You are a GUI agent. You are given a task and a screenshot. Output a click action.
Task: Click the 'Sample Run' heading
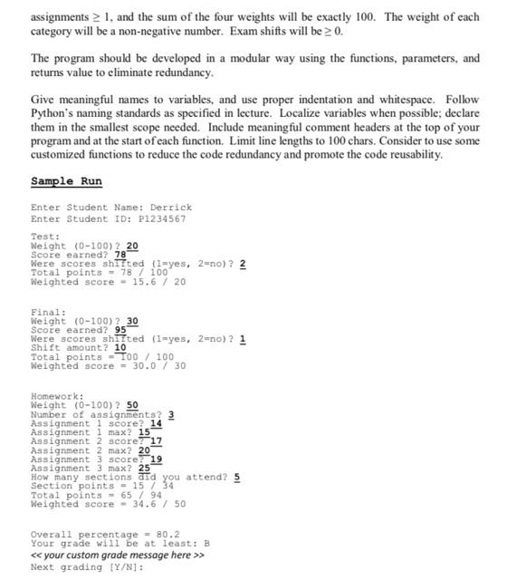(x=66, y=181)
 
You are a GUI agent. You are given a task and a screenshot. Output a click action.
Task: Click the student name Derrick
(x=171, y=208)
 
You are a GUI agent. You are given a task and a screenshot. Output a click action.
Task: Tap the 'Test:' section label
(x=45, y=237)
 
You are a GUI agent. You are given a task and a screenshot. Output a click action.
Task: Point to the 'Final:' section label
(x=48, y=313)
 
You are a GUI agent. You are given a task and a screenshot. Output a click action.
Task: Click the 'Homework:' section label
(x=57, y=396)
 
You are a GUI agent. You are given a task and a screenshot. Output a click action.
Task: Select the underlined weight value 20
(x=132, y=246)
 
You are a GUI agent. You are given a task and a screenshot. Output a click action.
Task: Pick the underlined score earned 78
(x=120, y=255)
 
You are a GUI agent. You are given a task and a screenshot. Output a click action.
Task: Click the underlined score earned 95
(x=120, y=330)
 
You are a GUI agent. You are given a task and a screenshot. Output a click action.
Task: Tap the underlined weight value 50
(x=132, y=405)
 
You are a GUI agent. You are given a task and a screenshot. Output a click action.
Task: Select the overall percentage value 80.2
(x=168, y=535)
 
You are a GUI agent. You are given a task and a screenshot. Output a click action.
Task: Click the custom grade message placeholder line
(x=118, y=556)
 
